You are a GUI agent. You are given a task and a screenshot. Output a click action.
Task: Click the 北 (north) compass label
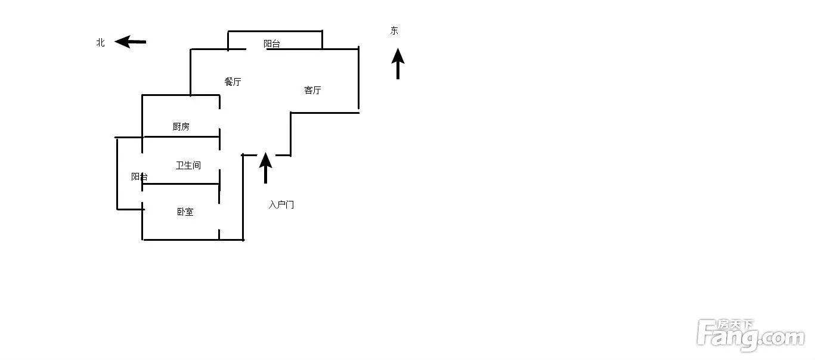pos(100,42)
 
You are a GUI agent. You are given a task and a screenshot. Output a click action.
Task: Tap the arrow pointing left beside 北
pos(130,42)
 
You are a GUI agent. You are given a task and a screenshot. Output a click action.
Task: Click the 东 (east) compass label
pos(394,30)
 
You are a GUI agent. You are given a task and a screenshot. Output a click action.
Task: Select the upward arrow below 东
pos(398,64)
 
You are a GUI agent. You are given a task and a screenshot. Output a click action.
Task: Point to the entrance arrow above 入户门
pos(265,167)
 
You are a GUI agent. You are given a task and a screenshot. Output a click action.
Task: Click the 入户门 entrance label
pos(281,204)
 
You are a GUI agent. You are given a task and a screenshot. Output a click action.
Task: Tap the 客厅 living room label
pos(312,90)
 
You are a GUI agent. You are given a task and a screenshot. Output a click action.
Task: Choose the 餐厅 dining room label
pos(233,82)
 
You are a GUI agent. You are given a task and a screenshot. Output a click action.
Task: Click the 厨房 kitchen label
pos(181,126)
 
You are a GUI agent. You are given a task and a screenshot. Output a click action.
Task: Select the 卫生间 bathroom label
pos(188,166)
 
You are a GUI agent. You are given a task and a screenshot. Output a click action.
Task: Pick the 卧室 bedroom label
pos(185,212)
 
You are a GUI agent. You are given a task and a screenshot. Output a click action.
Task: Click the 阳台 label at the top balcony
pos(272,44)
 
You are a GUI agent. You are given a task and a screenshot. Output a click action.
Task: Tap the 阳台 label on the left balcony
pos(140,177)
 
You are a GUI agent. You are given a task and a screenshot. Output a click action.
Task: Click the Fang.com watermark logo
pos(751,335)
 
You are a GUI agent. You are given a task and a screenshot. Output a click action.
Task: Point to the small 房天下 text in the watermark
pos(735,324)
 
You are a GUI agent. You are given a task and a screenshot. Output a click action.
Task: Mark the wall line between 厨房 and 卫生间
pos(181,136)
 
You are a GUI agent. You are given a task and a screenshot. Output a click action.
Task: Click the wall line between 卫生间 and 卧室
pos(181,184)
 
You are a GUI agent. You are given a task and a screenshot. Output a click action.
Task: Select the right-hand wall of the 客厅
pos(359,78)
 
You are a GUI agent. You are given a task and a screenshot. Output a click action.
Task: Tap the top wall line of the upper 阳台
pos(275,31)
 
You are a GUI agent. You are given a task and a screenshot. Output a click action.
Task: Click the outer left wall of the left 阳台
pos(117,174)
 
